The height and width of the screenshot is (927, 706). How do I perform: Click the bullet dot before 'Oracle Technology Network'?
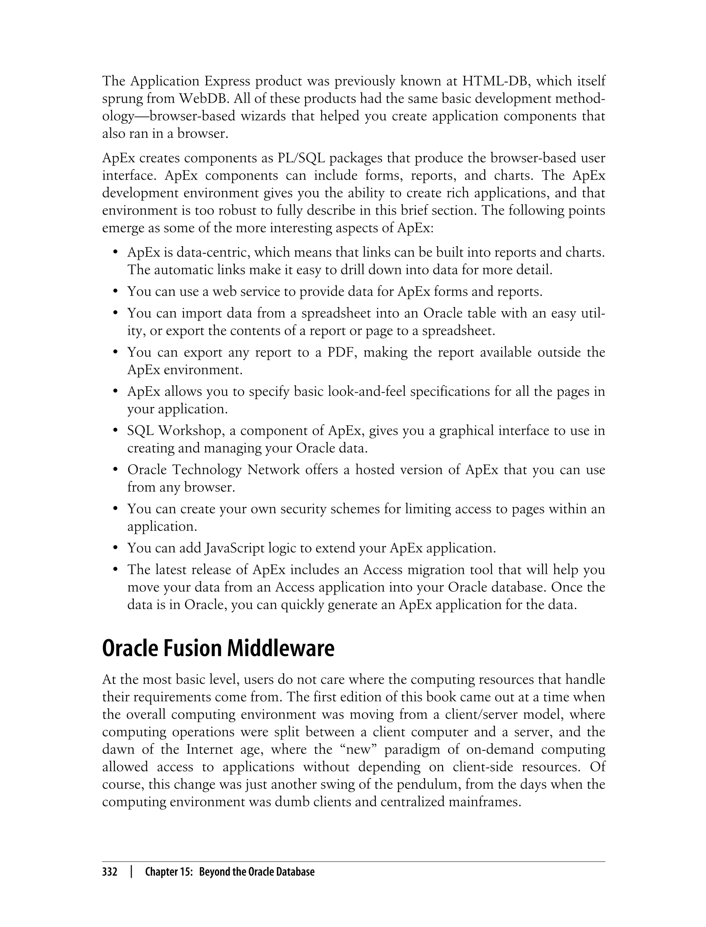(115, 470)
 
